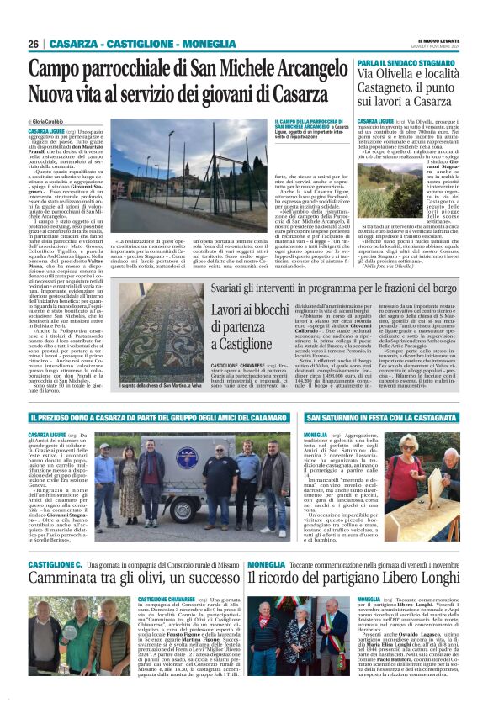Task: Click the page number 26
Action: click(x=34, y=44)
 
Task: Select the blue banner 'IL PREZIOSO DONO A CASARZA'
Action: click(x=160, y=417)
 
